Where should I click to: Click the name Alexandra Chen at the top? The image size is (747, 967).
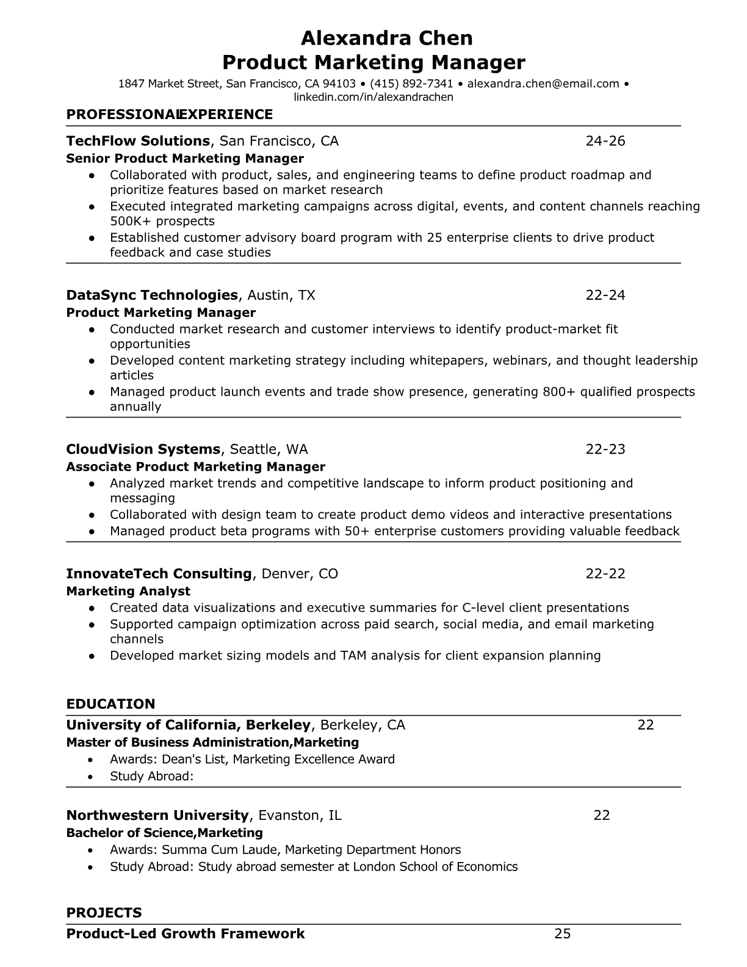tap(386, 38)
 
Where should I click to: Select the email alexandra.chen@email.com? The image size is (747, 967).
tap(543, 84)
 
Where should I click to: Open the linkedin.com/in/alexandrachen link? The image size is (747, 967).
tap(374, 97)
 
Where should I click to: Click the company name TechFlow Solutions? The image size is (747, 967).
tap(138, 141)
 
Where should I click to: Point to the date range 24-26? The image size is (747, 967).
tap(605, 141)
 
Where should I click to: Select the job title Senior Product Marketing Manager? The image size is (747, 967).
tap(185, 159)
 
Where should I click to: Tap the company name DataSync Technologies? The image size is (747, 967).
tap(152, 295)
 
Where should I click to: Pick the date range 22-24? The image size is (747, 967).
tap(605, 295)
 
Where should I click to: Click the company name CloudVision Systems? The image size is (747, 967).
tap(143, 449)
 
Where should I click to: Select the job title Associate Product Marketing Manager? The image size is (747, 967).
tap(195, 467)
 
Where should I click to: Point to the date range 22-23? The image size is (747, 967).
tap(605, 449)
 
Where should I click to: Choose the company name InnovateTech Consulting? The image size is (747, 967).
tap(159, 574)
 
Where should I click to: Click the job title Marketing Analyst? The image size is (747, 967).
tap(128, 592)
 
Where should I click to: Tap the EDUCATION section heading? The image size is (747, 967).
tap(110, 704)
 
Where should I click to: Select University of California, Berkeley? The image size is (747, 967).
tap(189, 725)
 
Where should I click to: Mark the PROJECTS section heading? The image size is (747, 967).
tap(104, 913)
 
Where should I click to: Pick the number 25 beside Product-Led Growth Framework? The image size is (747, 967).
tap(562, 933)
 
